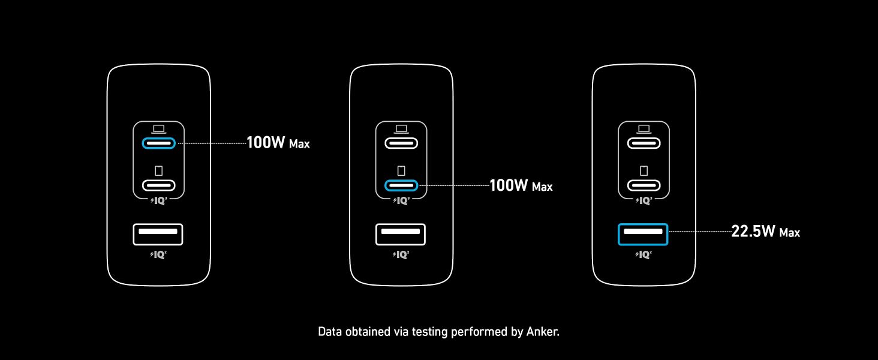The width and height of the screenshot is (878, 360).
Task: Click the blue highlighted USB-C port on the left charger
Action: coord(159,143)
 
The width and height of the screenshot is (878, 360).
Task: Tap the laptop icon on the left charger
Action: coord(159,129)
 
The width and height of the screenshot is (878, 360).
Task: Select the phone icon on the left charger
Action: coord(159,170)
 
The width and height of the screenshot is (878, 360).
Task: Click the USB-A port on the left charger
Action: coord(158,235)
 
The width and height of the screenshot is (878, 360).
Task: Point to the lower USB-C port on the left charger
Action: coord(159,185)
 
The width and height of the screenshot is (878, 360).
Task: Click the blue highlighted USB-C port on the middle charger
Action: coord(401,185)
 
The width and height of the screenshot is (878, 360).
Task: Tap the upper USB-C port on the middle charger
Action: coord(401,143)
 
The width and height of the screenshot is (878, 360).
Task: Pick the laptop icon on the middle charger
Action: coord(401,129)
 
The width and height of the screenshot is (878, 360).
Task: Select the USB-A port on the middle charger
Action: coord(401,235)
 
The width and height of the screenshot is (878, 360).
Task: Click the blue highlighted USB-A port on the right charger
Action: coord(643,235)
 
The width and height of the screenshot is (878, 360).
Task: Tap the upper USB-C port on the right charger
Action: coord(644,143)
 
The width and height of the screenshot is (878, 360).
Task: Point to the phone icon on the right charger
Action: coord(644,170)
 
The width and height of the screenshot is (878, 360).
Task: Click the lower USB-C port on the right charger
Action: coord(644,185)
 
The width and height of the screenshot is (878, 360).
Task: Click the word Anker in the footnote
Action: coord(543,332)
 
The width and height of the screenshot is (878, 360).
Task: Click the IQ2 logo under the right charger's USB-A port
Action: coord(644,254)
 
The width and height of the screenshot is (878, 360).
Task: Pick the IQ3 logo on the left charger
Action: coord(159,201)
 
